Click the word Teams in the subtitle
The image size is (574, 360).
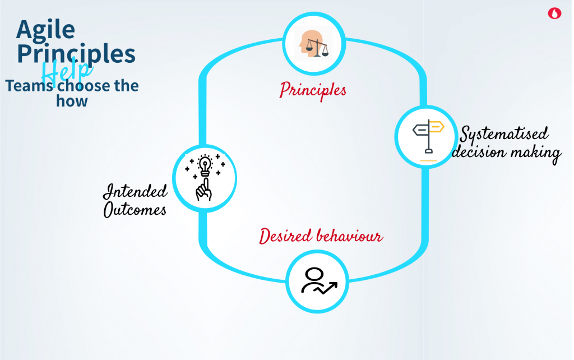(x=29, y=86)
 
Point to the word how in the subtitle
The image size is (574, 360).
(x=72, y=101)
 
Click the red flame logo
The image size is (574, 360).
(x=554, y=13)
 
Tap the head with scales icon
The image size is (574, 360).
(x=314, y=44)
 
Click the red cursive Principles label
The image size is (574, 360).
(x=313, y=90)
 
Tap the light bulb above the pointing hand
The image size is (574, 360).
(x=205, y=165)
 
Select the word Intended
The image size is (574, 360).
(x=135, y=192)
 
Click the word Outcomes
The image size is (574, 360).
(x=135, y=210)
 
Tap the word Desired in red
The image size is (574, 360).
(x=286, y=236)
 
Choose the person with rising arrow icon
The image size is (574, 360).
(x=318, y=281)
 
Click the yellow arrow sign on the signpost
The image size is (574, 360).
(x=437, y=127)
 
